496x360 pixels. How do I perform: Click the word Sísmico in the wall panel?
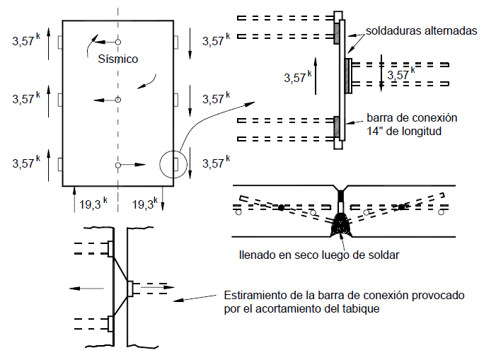click(118, 59)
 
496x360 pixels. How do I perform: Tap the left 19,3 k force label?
click(93, 204)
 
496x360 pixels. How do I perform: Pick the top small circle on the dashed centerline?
click(118, 42)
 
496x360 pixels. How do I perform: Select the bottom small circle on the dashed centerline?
click(118, 165)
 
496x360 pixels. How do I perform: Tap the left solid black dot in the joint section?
click(281, 207)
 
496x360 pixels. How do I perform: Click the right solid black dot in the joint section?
click(402, 207)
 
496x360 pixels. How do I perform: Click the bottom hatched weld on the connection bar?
click(336, 127)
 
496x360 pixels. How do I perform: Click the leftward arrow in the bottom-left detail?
click(83, 288)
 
